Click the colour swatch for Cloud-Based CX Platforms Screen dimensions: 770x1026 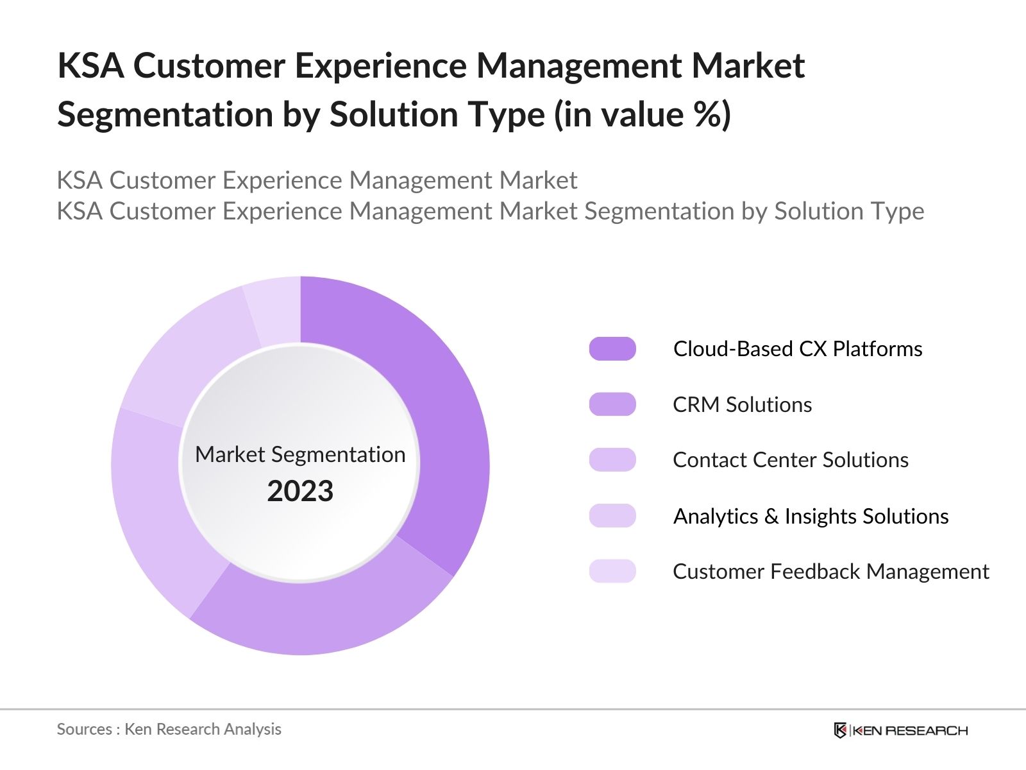coord(612,348)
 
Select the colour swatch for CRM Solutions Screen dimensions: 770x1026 coord(612,404)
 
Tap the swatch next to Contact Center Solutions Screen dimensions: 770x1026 coord(612,460)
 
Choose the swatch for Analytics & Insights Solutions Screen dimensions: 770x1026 coord(612,516)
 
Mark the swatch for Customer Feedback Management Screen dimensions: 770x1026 coord(612,571)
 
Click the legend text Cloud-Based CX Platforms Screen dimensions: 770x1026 coord(797,348)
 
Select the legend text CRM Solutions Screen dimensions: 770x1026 coord(742,404)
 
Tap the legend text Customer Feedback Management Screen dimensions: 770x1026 coord(830,571)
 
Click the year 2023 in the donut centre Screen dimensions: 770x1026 coord(300,491)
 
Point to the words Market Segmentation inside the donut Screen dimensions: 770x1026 coord(300,454)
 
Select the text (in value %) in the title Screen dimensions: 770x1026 coord(642,115)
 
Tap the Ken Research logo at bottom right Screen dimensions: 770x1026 coord(900,730)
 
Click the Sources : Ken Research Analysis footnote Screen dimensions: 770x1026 coord(169,729)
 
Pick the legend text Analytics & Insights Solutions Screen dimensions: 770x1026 coord(811,516)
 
